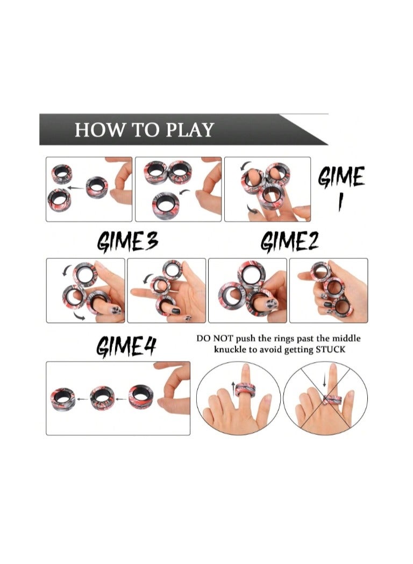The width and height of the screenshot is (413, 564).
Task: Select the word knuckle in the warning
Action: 230,350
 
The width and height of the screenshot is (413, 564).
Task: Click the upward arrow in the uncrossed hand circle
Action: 232,385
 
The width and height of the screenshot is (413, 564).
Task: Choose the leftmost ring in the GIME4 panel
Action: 65,397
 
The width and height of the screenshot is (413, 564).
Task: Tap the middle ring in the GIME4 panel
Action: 102,397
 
